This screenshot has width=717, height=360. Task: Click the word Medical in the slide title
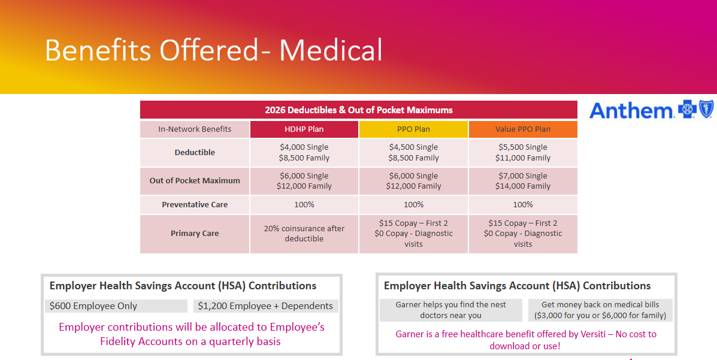click(x=331, y=50)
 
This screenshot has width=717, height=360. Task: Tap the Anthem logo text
click(x=632, y=111)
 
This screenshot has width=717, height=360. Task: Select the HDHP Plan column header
click(x=304, y=129)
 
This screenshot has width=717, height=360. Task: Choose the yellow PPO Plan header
click(x=413, y=129)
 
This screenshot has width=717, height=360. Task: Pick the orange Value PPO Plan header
click(x=523, y=129)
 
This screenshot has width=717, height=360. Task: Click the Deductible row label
click(x=195, y=153)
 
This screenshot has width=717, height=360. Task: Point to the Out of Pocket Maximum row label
click(x=195, y=181)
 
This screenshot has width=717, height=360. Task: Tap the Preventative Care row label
click(x=195, y=205)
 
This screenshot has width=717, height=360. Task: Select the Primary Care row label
click(x=195, y=234)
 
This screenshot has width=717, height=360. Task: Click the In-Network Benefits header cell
click(x=195, y=129)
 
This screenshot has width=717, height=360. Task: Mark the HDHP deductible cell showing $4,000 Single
click(x=304, y=153)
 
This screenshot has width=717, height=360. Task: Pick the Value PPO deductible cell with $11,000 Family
click(x=523, y=153)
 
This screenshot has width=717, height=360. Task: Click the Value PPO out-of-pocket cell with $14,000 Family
click(x=523, y=181)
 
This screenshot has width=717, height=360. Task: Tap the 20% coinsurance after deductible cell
click(x=304, y=234)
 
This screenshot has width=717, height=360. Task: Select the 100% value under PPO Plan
click(x=413, y=205)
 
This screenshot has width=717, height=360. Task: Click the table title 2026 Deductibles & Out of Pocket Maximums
click(x=359, y=110)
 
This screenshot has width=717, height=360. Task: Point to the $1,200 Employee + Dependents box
click(x=266, y=306)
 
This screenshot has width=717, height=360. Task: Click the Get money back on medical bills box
click(x=600, y=310)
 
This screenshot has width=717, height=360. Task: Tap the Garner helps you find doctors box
click(x=451, y=310)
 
